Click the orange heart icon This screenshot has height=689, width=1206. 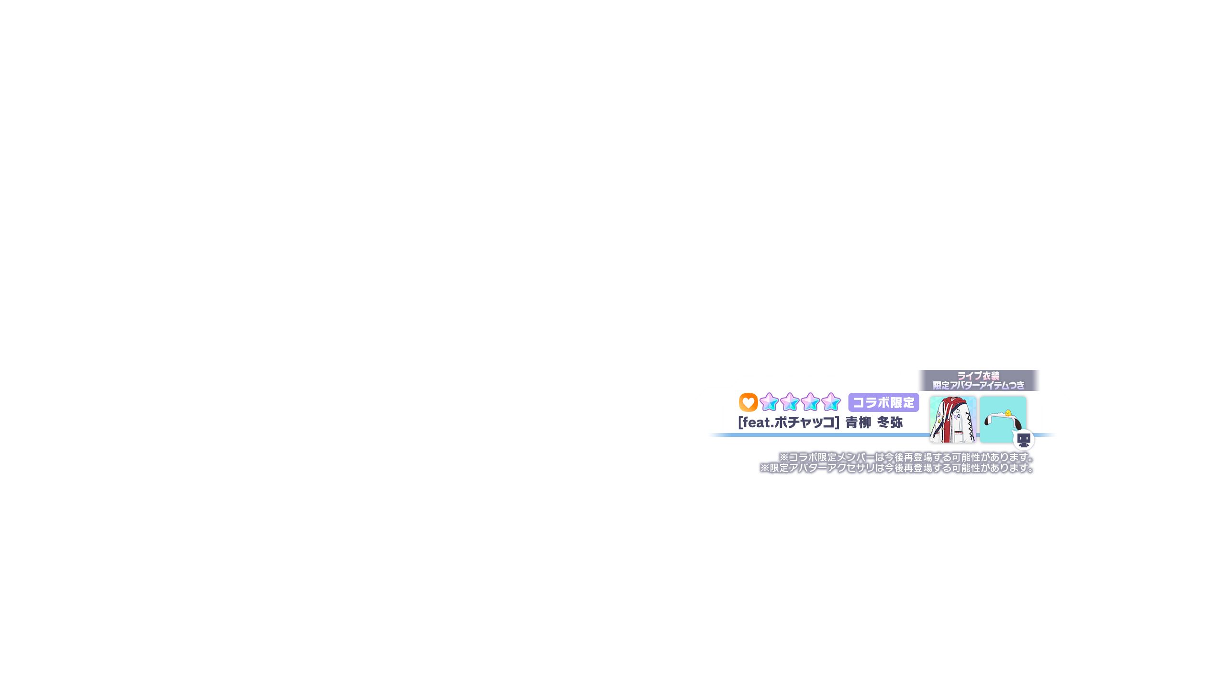point(748,402)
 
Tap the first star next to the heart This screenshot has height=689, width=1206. point(769,402)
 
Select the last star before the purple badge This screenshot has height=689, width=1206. point(831,402)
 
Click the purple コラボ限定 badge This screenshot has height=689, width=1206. point(883,402)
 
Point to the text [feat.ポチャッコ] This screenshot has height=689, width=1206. point(789,422)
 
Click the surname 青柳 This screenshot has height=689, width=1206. point(859,422)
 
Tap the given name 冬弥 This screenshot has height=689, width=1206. point(890,422)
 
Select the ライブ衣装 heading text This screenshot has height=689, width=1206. point(978,376)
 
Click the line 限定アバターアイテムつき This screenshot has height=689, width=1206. point(978,386)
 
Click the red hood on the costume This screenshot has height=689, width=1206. point(952,405)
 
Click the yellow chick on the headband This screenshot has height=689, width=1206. point(1008,413)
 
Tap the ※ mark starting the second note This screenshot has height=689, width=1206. point(765,468)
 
